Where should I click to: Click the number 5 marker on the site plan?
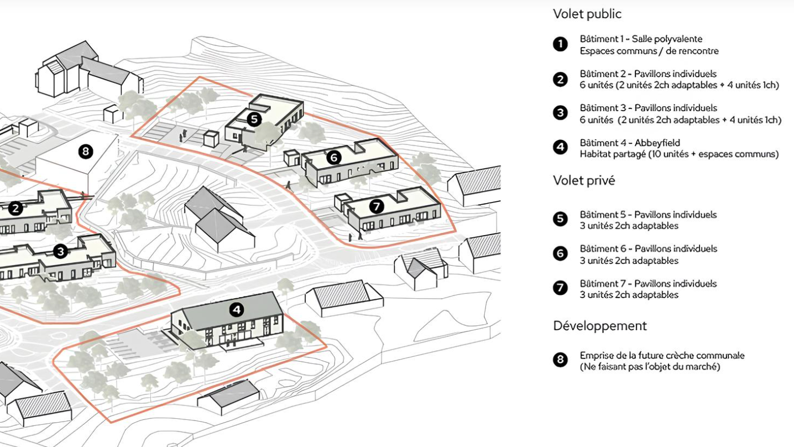tap(254, 119)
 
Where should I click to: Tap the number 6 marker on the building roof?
tap(334, 157)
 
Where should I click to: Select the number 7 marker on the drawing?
tap(377, 206)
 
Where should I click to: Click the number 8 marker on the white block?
tap(85, 152)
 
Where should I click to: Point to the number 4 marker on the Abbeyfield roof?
tap(237, 310)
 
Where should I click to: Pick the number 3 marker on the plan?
tap(61, 252)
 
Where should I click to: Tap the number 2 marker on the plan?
tap(15, 209)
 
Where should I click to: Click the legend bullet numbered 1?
tap(560, 44)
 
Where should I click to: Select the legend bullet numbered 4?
tap(560, 148)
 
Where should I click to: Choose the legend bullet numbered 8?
tap(560, 360)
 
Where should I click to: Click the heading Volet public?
tap(587, 14)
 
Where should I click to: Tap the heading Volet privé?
tap(584, 180)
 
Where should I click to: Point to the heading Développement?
tap(600, 326)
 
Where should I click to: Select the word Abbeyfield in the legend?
tap(657, 143)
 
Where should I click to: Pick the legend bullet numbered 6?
tap(560, 254)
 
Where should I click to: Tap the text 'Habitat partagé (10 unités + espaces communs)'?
tap(679, 154)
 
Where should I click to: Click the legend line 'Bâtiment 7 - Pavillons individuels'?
tap(649, 283)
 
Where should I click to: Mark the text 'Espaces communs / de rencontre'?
tap(649, 51)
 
